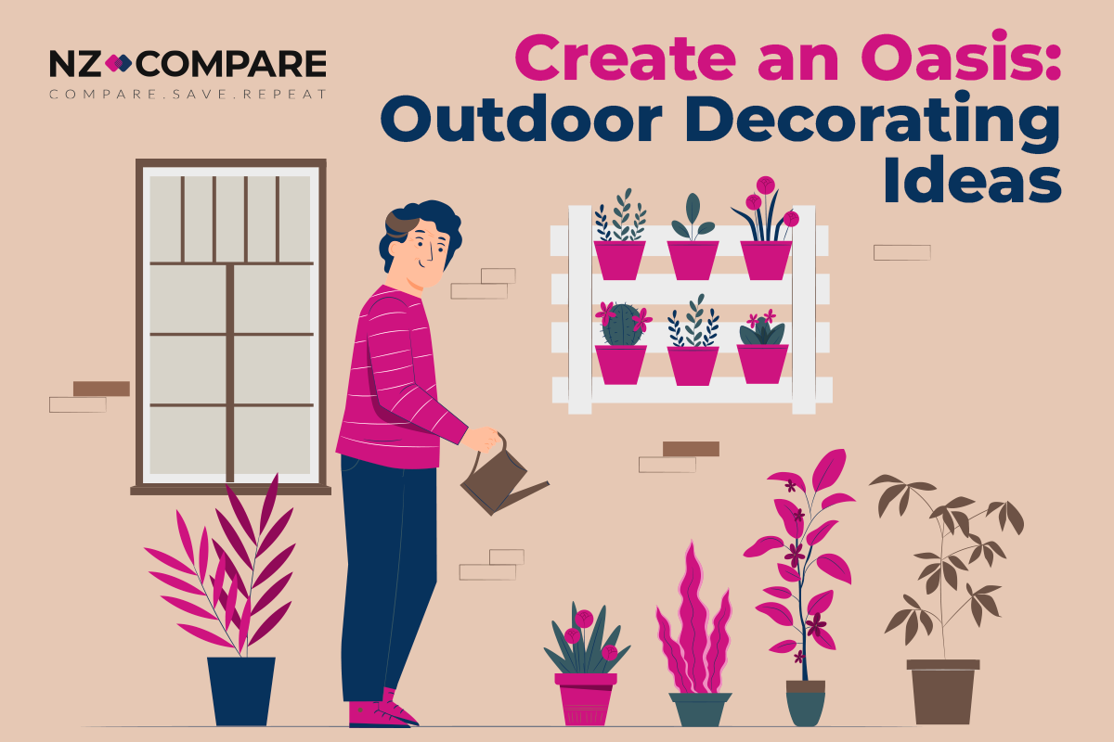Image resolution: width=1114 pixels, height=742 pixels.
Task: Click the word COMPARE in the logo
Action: point(234,64)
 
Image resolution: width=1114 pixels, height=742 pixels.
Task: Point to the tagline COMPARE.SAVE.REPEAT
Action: point(188,95)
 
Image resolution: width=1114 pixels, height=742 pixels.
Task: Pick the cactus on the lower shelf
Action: point(620,325)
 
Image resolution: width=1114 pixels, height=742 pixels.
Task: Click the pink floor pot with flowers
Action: point(586,697)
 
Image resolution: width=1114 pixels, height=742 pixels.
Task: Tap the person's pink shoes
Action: point(381,712)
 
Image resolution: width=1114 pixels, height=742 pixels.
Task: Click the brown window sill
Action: point(230,489)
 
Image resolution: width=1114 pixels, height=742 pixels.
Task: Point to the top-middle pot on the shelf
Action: point(693,260)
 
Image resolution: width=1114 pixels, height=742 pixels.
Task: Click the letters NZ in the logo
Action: point(71,64)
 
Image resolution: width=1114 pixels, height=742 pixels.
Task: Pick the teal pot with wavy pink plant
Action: point(700,709)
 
